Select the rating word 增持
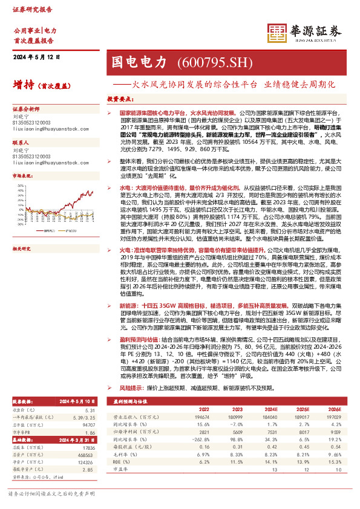pos(22,85)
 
